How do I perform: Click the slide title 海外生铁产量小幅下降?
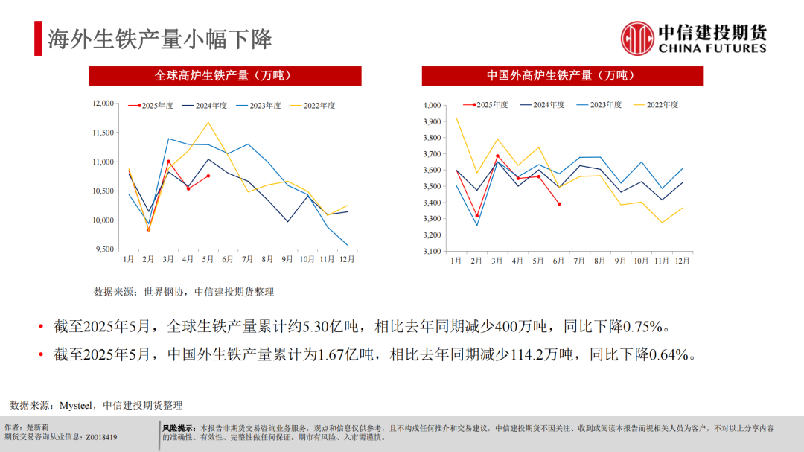(159, 39)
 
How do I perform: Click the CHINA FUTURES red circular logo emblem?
(637, 38)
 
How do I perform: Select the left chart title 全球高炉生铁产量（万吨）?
(225, 76)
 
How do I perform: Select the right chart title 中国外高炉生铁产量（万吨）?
(562, 76)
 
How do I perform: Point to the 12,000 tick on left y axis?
(101, 104)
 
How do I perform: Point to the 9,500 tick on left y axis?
(103, 249)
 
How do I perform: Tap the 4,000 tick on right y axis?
(432, 106)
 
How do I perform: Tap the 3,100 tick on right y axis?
(432, 252)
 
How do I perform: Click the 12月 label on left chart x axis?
(347, 260)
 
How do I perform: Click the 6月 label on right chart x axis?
(558, 261)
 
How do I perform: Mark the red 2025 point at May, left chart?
(208, 176)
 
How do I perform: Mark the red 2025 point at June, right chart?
(559, 204)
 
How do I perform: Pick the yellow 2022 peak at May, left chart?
(208, 122)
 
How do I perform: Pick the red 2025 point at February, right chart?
(476, 216)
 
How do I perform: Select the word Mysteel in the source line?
(75, 405)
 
